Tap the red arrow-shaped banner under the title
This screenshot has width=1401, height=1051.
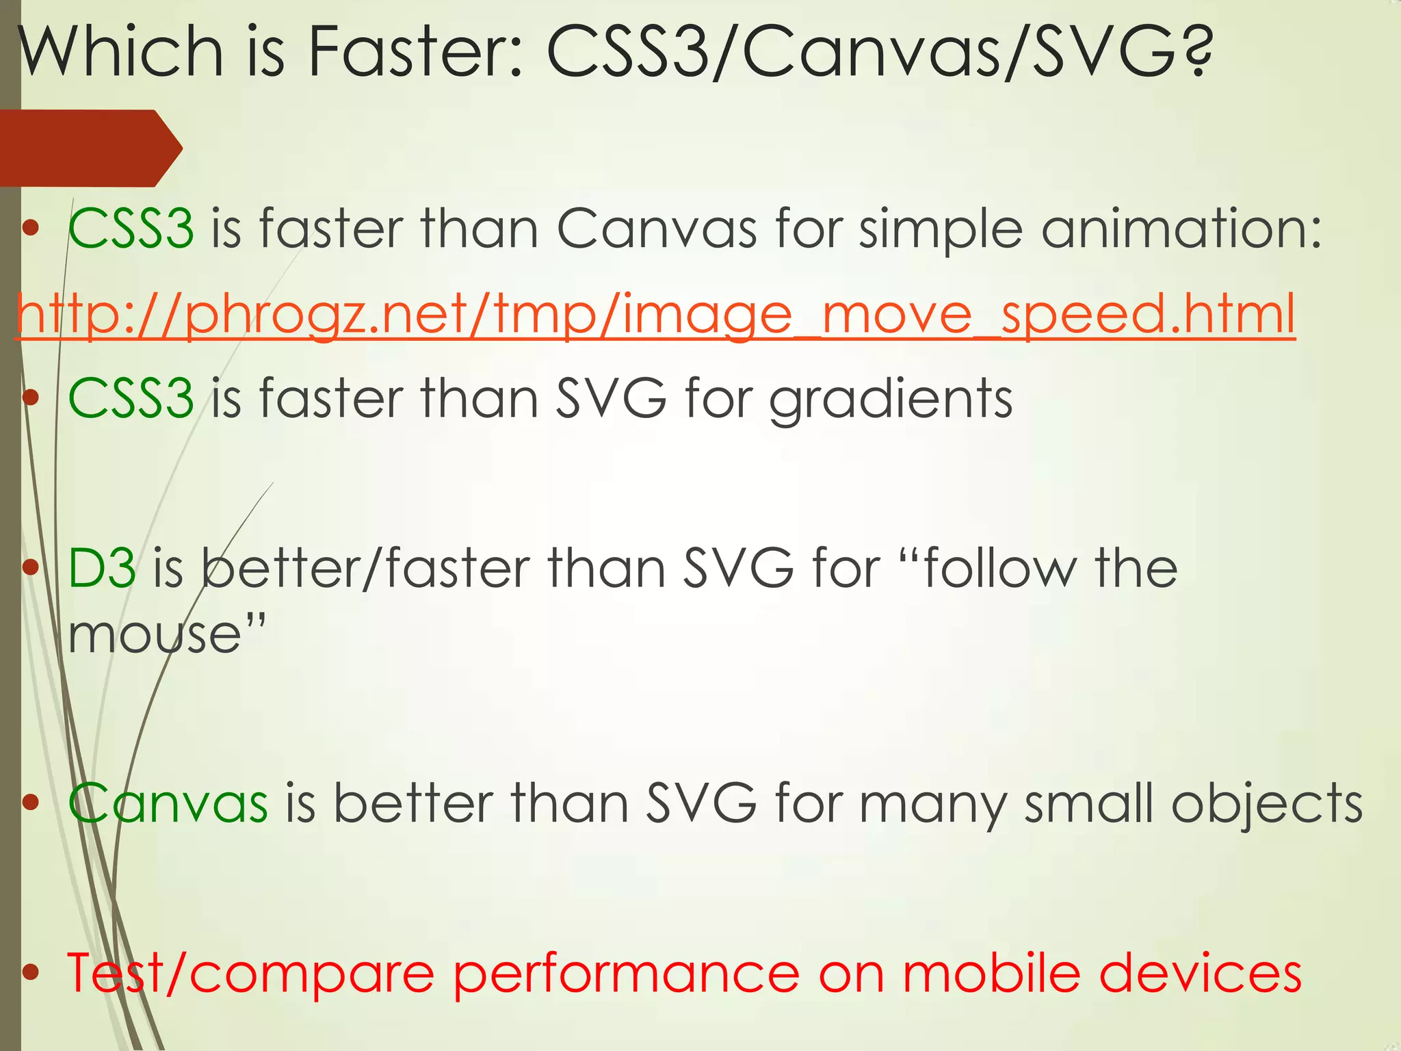(89, 148)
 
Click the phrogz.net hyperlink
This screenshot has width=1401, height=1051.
(655, 314)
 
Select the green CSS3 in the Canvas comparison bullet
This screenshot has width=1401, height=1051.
(131, 228)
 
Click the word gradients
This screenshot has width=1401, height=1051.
(891, 399)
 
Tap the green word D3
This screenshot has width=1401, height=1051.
(102, 568)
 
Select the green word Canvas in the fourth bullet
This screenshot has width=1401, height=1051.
(168, 803)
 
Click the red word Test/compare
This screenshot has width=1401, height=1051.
(250, 973)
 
